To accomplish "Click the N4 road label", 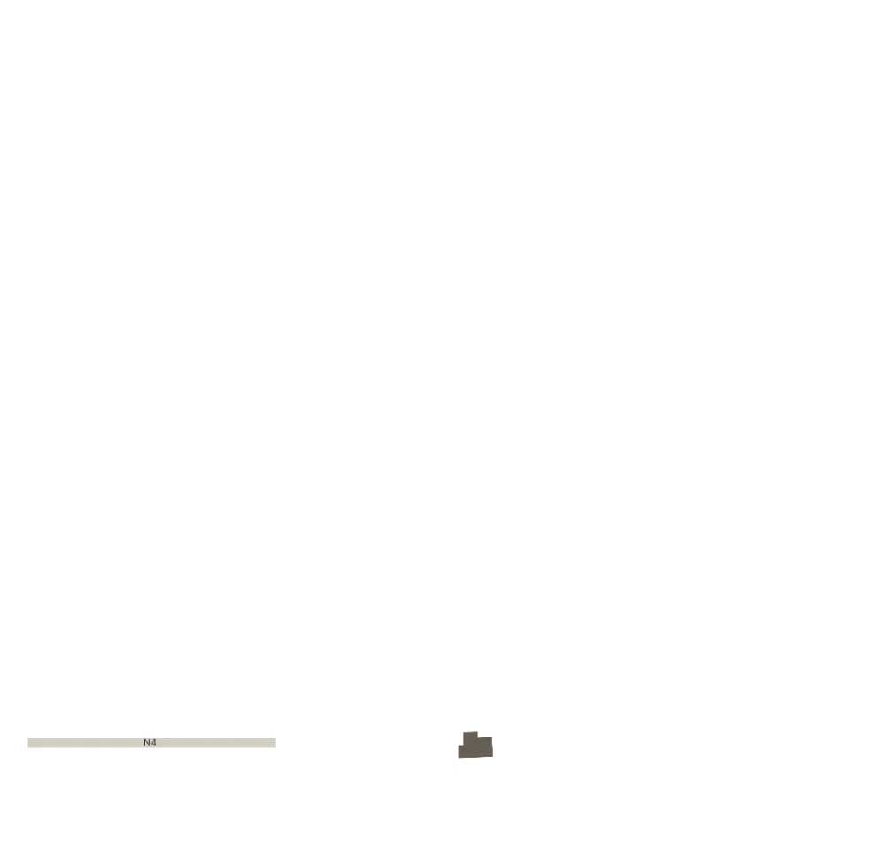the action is [150, 742].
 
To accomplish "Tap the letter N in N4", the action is [147, 742].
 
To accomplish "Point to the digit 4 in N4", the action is [153, 742].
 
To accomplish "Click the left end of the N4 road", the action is [28, 742].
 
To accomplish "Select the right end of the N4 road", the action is [275, 742].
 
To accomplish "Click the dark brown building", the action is [476, 746].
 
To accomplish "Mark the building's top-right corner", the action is [492, 737].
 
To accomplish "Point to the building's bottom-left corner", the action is [459, 758].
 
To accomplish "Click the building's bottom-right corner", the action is [493, 756].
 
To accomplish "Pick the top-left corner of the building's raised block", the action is [464, 733].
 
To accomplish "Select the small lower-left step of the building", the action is [461, 752].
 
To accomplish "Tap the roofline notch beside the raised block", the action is [478, 737].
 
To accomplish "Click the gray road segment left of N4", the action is [85, 742].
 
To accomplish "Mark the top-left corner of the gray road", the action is [28, 738].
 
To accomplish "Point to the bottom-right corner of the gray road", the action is [275, 746].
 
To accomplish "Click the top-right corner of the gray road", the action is [275, 738].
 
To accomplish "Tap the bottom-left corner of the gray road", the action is [28, 746].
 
